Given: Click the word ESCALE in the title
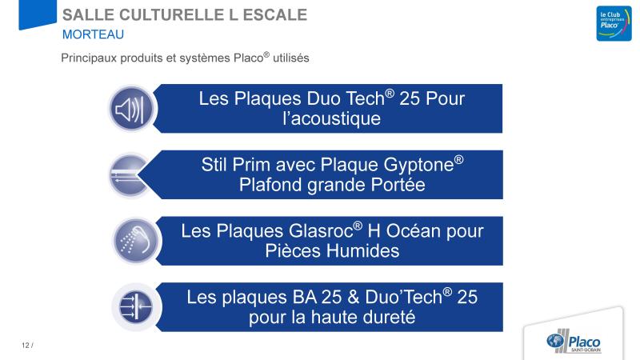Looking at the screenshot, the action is point(274,15).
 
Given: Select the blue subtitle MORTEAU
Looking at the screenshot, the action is point(93,34).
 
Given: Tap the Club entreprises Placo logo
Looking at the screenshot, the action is point(614,23).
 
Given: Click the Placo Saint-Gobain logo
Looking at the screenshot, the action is point(574,341).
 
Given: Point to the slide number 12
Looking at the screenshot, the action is point(26,346).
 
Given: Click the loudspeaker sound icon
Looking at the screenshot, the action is point(130,109).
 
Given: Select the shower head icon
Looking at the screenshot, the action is point(136,241).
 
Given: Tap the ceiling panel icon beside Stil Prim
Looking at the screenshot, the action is point(129,175).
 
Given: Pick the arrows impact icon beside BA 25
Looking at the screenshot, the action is point(136,307).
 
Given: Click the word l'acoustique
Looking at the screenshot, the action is point(332,118).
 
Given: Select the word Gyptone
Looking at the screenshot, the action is point(418,165).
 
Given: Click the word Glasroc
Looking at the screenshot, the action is point(321,231).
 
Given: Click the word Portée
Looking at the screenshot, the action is point(398,185).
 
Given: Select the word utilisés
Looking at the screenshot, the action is point(290,58).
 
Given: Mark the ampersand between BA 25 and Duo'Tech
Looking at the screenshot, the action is point(354,297).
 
